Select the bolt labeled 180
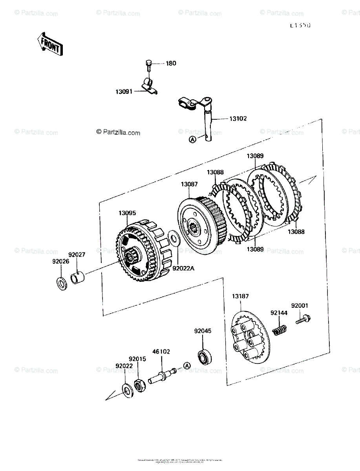click(148, 65)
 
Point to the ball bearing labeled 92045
click(205, 357)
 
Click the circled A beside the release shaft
click(192, 139)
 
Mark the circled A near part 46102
click(187, 366)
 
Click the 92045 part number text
click(203, 331)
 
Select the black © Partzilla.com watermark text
click(118, 133)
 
